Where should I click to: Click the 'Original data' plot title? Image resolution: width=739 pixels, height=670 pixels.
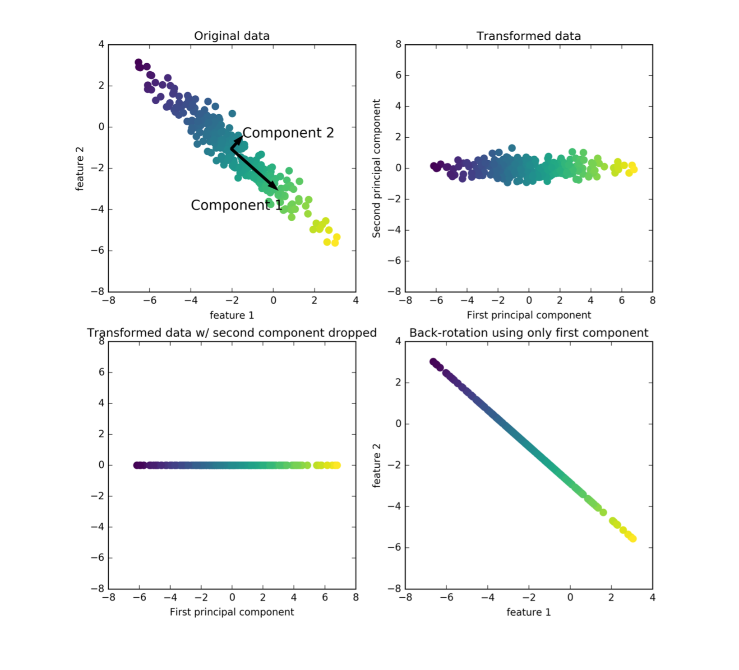(x=231, y=36)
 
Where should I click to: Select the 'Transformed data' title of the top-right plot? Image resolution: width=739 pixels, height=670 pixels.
(x=528, y=36)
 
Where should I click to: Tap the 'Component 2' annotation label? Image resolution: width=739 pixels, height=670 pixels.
(x=288, y=133)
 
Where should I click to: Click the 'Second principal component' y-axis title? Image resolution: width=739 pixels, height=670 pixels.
(x=376, y=168)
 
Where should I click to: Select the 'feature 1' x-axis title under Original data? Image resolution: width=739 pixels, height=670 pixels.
(x=231, y=315)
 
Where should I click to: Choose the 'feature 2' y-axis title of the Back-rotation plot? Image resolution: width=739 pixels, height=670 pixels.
(x=376, y=465)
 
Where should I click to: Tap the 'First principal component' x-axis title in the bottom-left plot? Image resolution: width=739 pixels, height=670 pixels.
(x=231, y=612)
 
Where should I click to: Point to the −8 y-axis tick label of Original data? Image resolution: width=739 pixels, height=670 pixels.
(x=97, y=292)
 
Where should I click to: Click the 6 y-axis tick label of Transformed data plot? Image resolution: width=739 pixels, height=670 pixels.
(x=398, y=75)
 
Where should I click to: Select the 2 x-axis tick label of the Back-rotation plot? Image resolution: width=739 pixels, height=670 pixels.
(x=611, y=597)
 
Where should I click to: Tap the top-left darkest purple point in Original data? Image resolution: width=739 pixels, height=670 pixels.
(x=139, y=62)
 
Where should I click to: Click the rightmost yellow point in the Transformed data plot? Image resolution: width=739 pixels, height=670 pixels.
(x=634, y=169)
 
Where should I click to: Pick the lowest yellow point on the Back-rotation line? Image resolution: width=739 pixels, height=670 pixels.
(x=633, y=539)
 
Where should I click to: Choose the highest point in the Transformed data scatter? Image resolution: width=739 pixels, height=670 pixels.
(x=512, y=148)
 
